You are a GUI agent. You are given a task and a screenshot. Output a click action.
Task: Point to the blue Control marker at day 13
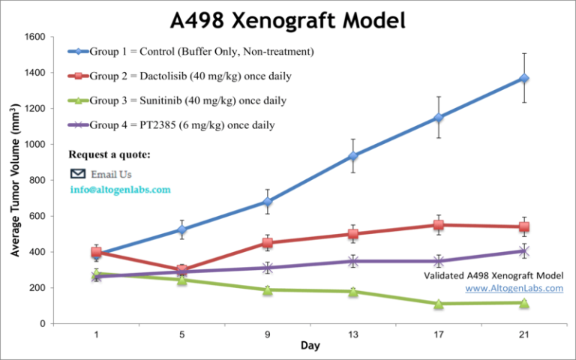pos(352,156)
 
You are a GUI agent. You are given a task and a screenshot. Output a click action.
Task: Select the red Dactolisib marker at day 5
pos(181,270)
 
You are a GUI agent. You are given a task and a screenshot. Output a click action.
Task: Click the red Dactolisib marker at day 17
pos(439,225)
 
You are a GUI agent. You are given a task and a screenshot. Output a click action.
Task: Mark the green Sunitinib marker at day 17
pos(439,304)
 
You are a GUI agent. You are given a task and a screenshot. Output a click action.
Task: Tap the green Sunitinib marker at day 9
pos(267,289)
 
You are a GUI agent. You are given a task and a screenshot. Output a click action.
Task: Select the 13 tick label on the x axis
pos(352,334)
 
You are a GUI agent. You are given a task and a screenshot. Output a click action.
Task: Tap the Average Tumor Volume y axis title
pos(15,180)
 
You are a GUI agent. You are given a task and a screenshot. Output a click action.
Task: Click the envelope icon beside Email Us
pos(77,174)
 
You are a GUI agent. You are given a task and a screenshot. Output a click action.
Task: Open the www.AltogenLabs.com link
pos(514,288)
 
